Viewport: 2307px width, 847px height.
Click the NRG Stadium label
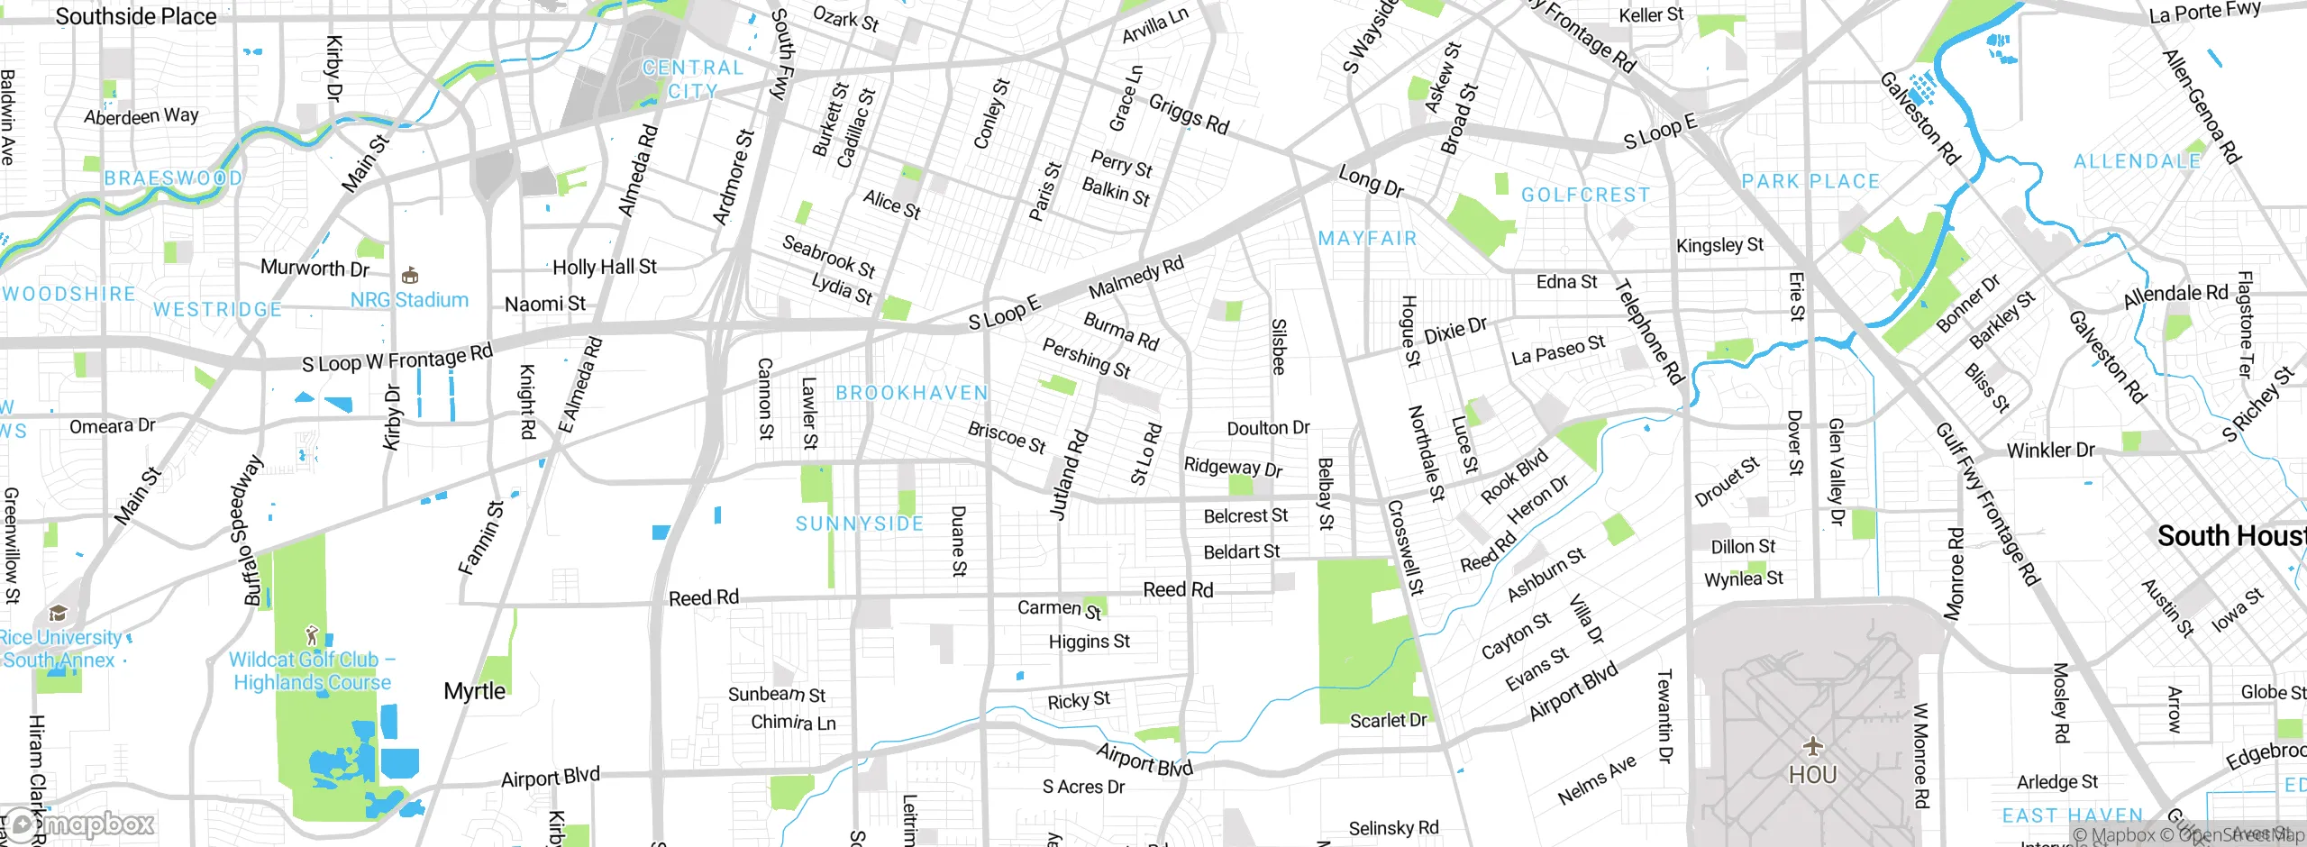[409, 300]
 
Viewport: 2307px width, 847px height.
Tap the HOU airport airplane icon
[1812, 746]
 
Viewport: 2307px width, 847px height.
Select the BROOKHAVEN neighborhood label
[912, 393]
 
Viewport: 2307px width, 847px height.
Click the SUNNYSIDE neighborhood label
[860, 524]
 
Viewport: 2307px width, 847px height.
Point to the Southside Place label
[136, 16]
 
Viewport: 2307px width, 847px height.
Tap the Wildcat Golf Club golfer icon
[313, 634]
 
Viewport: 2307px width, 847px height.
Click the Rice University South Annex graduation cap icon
[59, 614]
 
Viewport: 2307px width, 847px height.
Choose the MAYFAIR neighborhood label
[1367, 238]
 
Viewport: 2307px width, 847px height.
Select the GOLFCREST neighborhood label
[1585, 195]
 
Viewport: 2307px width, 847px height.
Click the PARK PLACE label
[1810, 181]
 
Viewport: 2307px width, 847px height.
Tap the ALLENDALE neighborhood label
[2137, 161]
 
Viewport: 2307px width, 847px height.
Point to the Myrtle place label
[474, 691]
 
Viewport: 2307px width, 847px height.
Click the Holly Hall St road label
[605, 267]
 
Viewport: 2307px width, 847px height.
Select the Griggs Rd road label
[1189, 114]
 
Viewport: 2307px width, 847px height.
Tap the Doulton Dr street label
[1268, 428]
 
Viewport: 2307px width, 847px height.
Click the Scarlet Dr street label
[1388, 720]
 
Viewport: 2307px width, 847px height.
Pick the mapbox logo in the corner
[81, 824]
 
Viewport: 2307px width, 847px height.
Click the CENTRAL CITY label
[692, 79]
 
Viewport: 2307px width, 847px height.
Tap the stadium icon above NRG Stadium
[410, 275]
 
